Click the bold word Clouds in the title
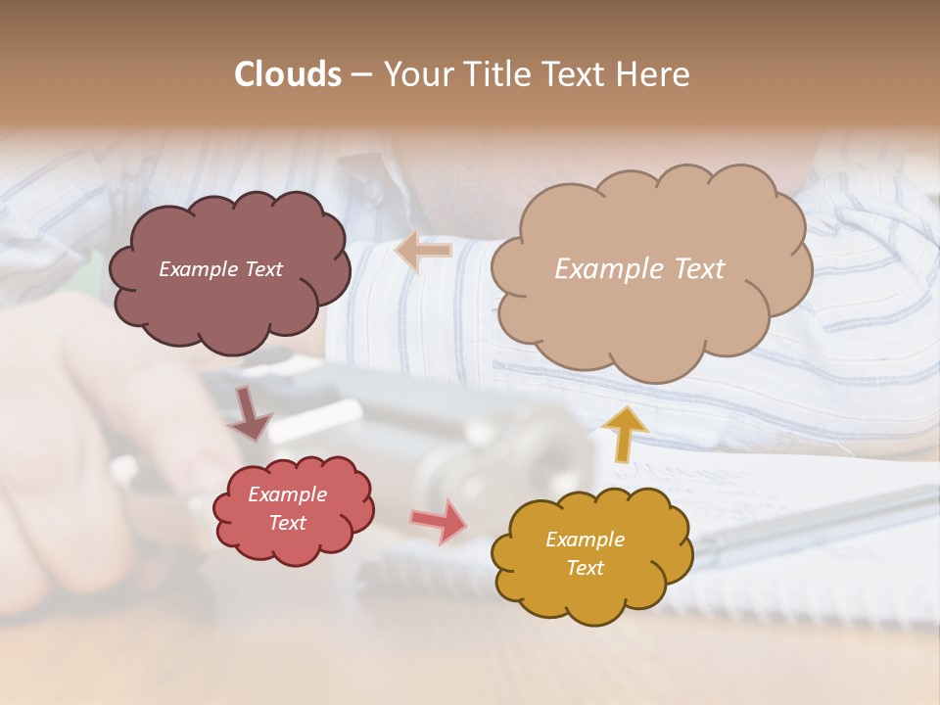pos(288,74)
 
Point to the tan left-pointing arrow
pos(423,252)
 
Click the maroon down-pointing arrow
pos(249,412)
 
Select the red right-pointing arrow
pos(440,521)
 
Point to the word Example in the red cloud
pos(287,494)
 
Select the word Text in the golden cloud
pos(585,568)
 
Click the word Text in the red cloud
pos(287,523)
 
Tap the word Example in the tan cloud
pos(607,269)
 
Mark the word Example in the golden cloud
pos(585,540)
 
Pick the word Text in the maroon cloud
pos(261,269)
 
